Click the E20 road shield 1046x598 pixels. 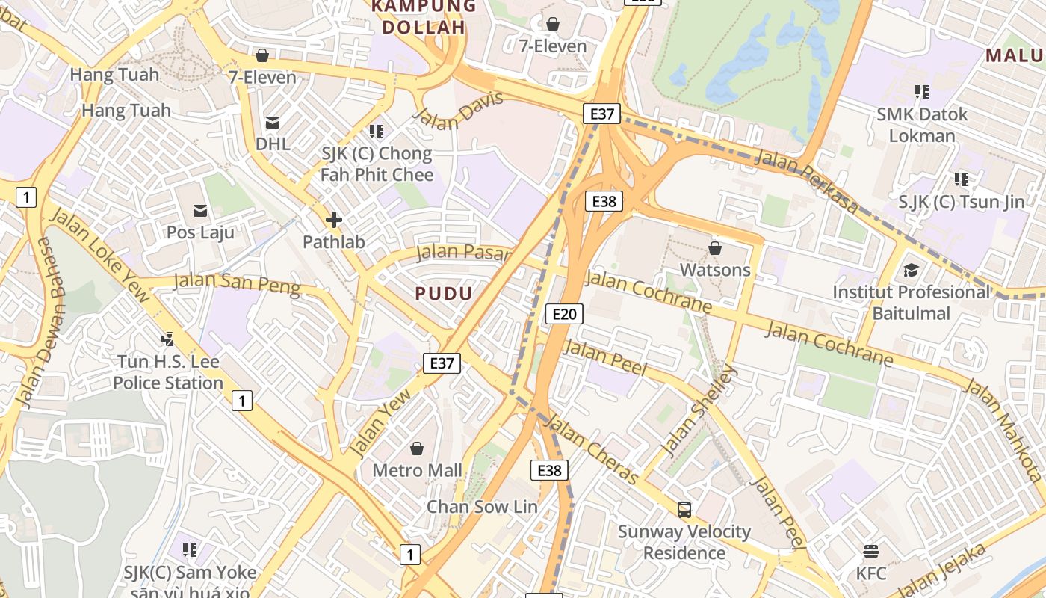[x=564, y=313]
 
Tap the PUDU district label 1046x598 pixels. [x=444, y=293]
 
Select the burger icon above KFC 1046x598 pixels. [x=871, y=552]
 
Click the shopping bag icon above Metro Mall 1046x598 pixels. [x=417, y=449]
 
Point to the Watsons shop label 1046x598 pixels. [x=715, y=269]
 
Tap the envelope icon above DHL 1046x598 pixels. [x=273, y=122]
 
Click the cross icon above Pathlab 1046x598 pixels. [x=334, y=220]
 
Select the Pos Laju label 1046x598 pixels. [x=200, y=232]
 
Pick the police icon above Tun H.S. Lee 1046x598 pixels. [x=168, y=339]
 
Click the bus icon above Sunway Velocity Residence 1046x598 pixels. [x=684, y=510]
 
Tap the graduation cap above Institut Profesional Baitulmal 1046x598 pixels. [x=911, y=270]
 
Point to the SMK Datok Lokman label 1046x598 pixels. [x=922, y=125]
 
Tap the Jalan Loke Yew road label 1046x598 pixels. [x=100, y=255]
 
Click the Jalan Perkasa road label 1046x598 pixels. [x=806, y=179]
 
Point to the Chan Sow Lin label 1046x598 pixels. [x=482, y=506]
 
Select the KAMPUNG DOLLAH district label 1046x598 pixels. [x=423, y=16]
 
